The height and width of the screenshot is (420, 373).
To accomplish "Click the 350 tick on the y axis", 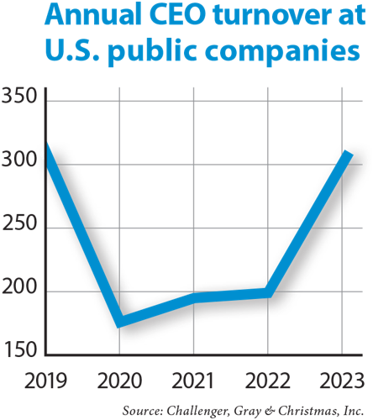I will (19, 97).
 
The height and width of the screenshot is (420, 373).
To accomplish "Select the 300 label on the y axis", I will (18, 160).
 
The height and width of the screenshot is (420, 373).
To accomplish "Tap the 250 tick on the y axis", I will (19, 227).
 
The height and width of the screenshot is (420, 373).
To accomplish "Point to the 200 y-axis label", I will (19, 291).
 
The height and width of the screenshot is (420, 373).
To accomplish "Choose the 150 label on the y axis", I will (19, 349).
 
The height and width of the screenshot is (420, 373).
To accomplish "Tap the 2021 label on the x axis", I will (192, 382).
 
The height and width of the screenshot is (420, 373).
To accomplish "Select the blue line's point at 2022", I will (268, 292).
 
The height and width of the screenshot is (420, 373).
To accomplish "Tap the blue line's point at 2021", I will (195, 297).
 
